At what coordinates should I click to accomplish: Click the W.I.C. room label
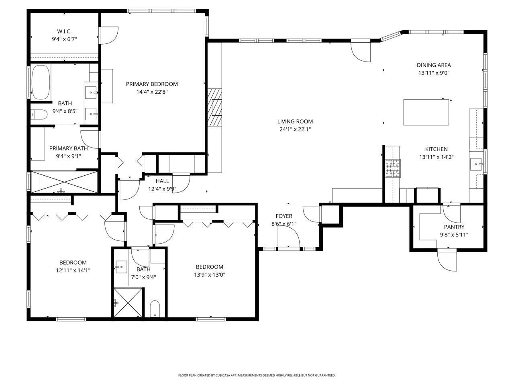point(64,31)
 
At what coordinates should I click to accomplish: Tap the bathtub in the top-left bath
point(41,82)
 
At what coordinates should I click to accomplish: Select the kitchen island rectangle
point(426,112)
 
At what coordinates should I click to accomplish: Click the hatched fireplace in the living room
point(215,107)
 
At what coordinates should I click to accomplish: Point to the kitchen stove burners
point(393,168)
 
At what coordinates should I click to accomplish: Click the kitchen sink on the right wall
point(476,164)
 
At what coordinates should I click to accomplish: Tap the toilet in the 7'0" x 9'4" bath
point(155,309)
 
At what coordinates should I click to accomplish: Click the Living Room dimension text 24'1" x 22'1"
point(295,129)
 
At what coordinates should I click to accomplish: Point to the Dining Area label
point(434,65)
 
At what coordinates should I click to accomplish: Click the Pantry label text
point(454,227)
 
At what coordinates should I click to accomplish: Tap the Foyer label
point(284,216)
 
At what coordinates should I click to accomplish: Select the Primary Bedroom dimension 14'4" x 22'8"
point(152,92)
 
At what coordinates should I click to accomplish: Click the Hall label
point(162,181)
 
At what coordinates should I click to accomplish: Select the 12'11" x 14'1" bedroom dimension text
point(73,271)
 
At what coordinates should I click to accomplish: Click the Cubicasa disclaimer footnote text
point(257,375)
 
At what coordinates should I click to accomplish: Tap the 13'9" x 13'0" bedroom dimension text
point(209,275)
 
